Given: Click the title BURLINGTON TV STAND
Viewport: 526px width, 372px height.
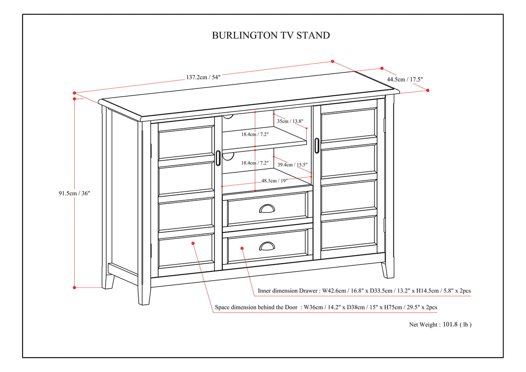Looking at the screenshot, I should coord(270,36).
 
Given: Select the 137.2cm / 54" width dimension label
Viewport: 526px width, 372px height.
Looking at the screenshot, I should coord(203,77).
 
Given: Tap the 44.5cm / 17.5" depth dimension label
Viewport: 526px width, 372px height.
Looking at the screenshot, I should coord(405,79).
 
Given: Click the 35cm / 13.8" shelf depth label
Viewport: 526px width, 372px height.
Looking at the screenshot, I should coord(290,121).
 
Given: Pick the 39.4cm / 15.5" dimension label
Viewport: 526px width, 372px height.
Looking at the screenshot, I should coord(292,165).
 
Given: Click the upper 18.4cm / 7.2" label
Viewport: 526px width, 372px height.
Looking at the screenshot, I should coord(255,134).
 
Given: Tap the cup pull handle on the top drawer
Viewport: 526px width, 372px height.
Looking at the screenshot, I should coord(267,209).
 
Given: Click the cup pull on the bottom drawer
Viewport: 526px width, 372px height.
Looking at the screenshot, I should coord(267,246).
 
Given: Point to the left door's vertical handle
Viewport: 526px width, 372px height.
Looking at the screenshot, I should coord(218,158).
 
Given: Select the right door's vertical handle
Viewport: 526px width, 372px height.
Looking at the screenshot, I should coord(317,145).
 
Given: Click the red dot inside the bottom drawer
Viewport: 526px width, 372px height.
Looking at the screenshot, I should coord(242,248).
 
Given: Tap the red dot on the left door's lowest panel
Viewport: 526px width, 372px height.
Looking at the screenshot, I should coord(193,243).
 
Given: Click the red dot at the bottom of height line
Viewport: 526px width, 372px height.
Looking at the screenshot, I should coord(75,287).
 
